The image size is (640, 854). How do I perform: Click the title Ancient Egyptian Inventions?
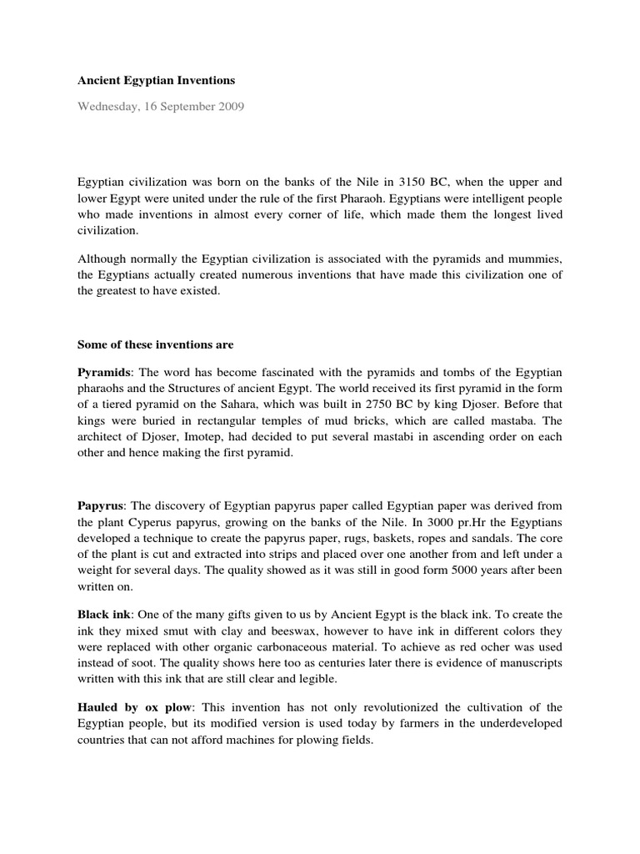[157, 81]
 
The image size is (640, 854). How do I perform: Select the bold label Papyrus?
[101, 505]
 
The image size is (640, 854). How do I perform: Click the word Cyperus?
[171, 523]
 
